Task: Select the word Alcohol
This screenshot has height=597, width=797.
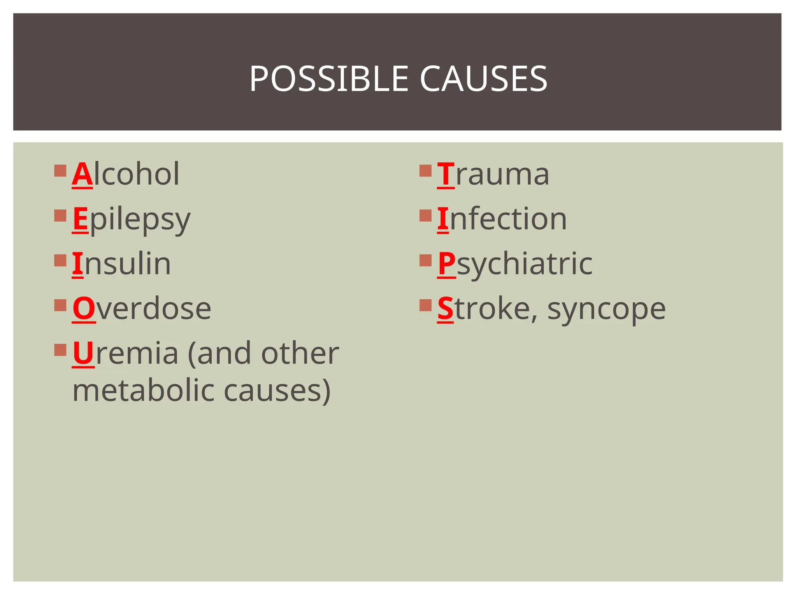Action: pyautogui.click(x=126, y=174)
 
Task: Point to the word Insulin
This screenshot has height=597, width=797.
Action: pyautogui.click(x=121, y=264)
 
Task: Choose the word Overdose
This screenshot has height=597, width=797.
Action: pyautogui.click(x=142, y=309)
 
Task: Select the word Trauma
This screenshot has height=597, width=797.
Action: pyautogui.click(x=493, y=174)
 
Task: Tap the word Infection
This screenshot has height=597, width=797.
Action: pyautogui.click(x=502, y=219)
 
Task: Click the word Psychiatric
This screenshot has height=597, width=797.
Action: pyautogui.click(x=515, y=264)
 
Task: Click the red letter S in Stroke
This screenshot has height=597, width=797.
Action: pyautogui.click(x=445, y=309)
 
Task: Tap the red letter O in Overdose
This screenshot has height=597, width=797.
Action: pyautogui.click(x=84, y=309)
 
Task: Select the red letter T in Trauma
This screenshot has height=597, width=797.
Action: pyautogui.click(x=446, y=175)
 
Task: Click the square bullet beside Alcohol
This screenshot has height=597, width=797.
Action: pyautogui.click(x=60, y=171)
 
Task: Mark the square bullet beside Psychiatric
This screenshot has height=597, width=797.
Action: pyautogui.click(x=426, y=260)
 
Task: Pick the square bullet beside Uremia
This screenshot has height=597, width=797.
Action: pyautogui.click(x=60, y=350)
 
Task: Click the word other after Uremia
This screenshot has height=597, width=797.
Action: pyautogui.click(x=300, y=353)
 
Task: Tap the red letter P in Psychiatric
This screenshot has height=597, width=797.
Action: pyautogui.click(x=446, y=264)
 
